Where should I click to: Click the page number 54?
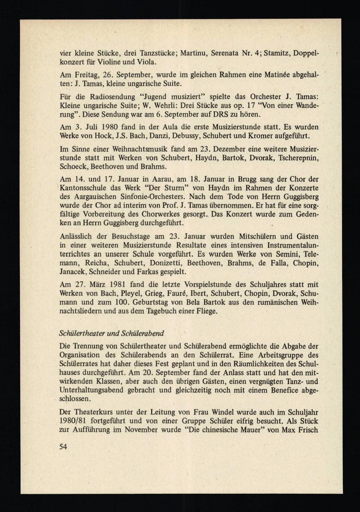pos(63,447)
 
